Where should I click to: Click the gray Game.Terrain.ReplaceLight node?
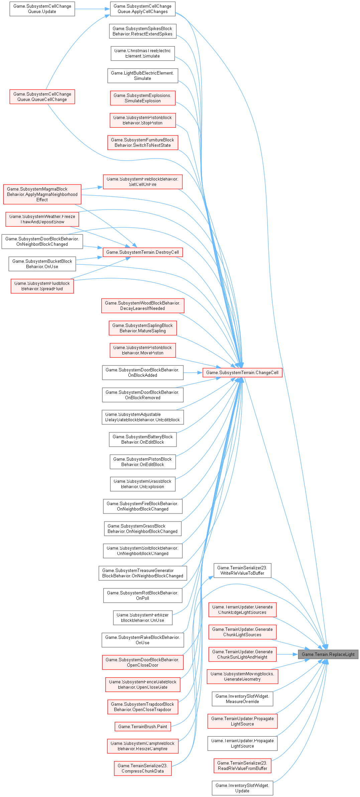point(328,654)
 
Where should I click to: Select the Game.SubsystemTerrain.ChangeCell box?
point(242,372)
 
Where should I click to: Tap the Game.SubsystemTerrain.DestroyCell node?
point(143,252)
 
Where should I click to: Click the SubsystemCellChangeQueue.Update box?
point(42,9)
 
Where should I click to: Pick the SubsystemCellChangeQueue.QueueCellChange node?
point(42,97)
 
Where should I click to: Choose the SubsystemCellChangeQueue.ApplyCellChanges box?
point(143,9)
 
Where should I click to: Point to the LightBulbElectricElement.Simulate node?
point(143,76)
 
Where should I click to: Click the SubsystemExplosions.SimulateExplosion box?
point(143,98)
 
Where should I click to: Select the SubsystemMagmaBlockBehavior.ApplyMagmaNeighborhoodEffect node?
point(42,194)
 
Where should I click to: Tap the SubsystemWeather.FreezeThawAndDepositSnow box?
point(42,219)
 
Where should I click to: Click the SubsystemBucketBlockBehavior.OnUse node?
point(42,264)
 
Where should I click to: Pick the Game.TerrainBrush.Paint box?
point(143,726)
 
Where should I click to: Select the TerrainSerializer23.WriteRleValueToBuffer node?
point(242,570)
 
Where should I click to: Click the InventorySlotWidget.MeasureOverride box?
point(242,699)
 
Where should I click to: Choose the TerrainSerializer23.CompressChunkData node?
point(143,768)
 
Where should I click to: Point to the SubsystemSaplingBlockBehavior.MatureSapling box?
point(143,328)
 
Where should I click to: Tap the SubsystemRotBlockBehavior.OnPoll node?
point(143,595)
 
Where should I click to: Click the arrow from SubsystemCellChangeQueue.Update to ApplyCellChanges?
point(92,9)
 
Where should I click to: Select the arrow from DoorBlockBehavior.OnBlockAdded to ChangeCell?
point(193,372)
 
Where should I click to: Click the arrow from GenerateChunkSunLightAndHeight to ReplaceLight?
point(287,654)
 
